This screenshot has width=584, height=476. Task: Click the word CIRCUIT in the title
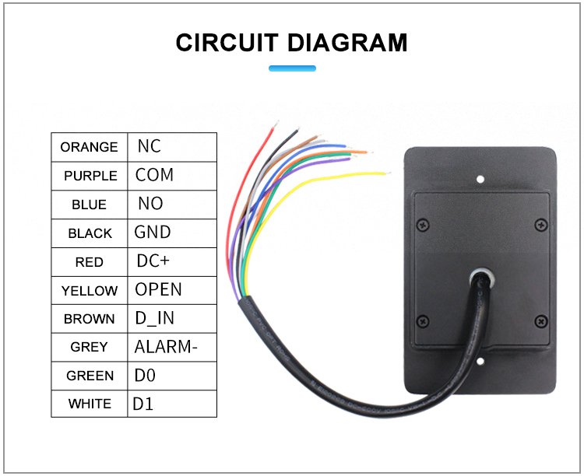click(x=227, y=43)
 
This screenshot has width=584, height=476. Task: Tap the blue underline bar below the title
click(x=292, y=68)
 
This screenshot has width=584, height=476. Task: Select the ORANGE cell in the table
click(x=90, y=147)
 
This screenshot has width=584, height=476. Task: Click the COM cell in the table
click(x=172, y=176)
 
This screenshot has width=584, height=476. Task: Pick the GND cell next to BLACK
click(x=172, y=233)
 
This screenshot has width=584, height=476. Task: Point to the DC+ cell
click(x=172, y=261)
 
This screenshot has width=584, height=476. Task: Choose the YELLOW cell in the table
click(x=90, y=290)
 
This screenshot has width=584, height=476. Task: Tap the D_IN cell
click(x=172, y=319)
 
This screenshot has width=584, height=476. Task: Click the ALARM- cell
click(x=172, y=347)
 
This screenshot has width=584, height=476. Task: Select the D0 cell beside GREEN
click(x=172, y=376)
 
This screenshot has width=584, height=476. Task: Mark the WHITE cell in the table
click(x=90, y=404)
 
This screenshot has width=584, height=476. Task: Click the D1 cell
click(x=172, y=404)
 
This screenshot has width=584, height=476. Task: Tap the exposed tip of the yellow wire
click(x=387, y=173)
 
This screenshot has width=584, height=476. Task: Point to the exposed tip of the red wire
click(x=276, y=124)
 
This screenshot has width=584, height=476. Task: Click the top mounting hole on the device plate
click(x=480, y=180)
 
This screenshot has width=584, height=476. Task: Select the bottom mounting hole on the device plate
click(x=480, y=361)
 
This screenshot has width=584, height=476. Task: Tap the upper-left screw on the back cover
click(x=423, y=225)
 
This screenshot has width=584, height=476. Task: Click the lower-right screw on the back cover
click(x=541, y=320)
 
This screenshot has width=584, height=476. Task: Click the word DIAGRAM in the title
click(x=347, y=43)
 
